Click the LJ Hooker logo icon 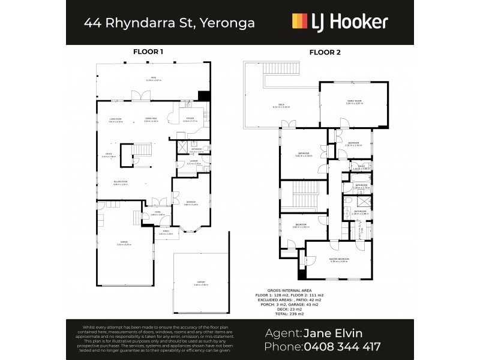tap(300, 22)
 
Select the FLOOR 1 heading tap(148, 52)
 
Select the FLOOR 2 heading tap(325, 52)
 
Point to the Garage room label tap(123, 242)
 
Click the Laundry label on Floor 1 tap(193, 161)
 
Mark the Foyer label tap(157, 212)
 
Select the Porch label tap(165, 233)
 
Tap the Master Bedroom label tap(339, 259)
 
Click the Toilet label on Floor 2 tap(362, 167)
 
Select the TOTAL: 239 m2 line tap(288, 314)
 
